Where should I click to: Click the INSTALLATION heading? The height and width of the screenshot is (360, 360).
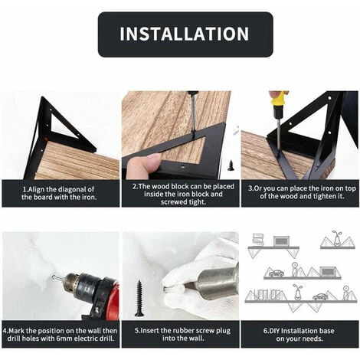point(184,34)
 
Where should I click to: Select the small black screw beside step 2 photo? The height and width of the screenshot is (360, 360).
point(231,165)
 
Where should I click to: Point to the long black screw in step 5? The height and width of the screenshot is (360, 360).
point(139,299)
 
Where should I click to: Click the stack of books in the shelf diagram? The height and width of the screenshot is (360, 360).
point(258,240)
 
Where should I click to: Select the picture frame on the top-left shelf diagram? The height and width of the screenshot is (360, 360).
point(281,241)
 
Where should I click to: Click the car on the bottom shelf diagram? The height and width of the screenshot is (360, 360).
point(320,296)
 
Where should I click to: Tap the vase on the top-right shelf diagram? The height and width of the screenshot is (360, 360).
point(335,239)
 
